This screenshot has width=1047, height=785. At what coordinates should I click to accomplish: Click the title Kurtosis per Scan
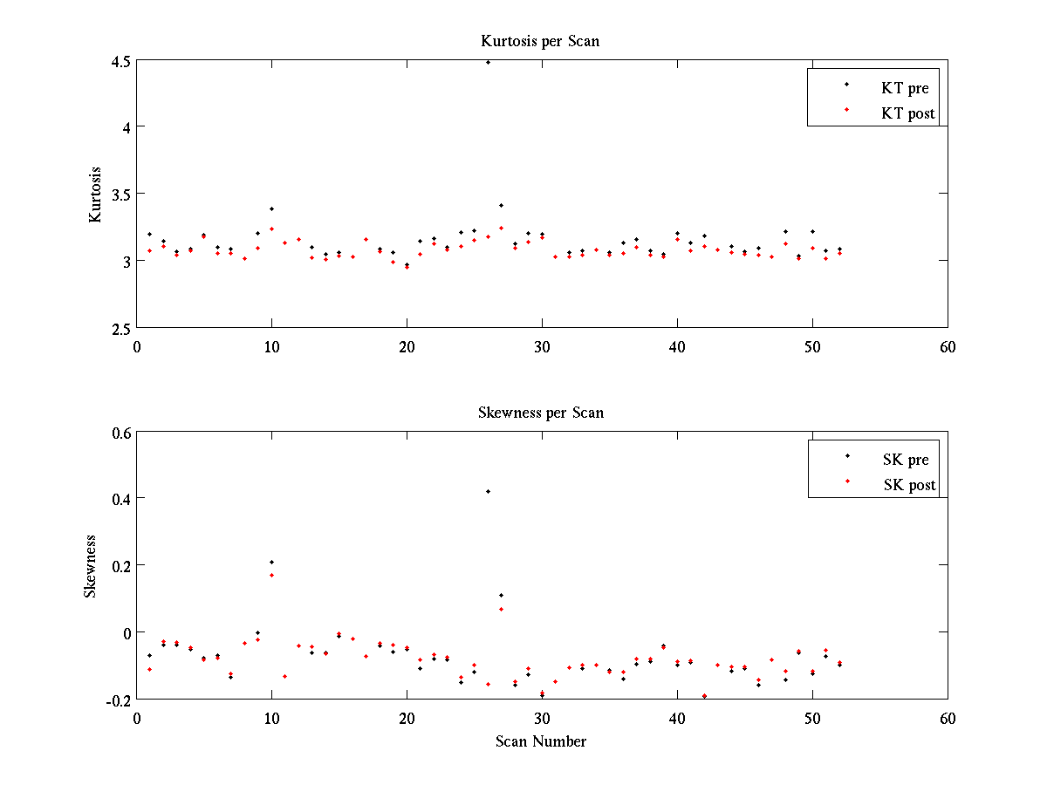(540, 41)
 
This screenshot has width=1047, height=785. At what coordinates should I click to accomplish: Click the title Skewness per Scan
(540, 413)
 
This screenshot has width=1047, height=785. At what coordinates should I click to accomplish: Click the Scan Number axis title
(541, 741)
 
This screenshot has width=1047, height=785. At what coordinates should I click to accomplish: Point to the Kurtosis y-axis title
(96, 195)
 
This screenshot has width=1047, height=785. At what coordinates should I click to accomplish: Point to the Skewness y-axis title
(90, 566)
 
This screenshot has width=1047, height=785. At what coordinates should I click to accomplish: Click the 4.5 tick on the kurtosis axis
(120, 61)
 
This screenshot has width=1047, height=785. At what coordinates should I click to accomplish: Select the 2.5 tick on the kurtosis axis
(120, 328)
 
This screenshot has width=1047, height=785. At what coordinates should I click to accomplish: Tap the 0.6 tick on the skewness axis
(120, 433)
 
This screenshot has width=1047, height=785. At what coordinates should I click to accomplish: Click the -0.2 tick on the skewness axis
(117, 700)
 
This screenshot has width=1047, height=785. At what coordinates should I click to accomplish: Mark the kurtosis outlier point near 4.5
(488, 63)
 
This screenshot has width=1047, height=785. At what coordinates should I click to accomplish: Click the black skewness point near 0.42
(488, 491)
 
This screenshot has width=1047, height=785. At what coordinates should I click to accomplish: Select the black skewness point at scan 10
(271, 562)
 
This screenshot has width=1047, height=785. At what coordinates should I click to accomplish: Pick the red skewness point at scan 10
(271, 575)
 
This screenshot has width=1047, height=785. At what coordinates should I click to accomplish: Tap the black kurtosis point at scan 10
(271, 209)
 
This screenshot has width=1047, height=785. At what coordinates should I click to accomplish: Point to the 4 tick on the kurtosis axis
(127, 127)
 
